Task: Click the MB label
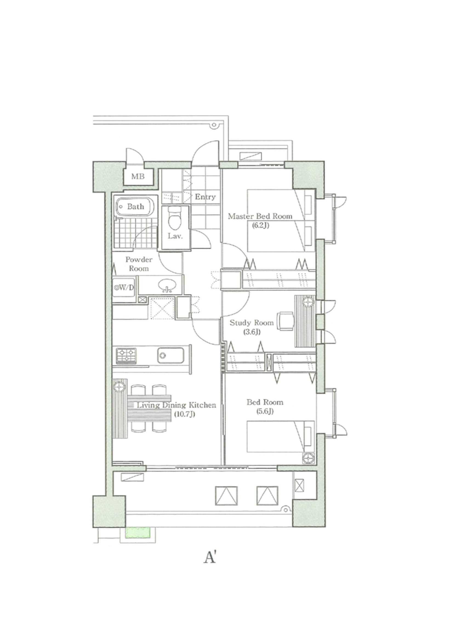[x=138, y=177]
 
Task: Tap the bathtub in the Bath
[x=135, y=207]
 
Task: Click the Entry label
[x=205, y=197]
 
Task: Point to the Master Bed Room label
[x=260, y=216]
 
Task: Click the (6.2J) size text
[x=260, y=225]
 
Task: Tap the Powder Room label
[x=139, y=264]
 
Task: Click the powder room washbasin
[x=167, y=286]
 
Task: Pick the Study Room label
[x=252, y=323]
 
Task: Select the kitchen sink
[x=170, y=355]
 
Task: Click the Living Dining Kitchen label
[x=176, y=405]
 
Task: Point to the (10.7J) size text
[x=184, y=414]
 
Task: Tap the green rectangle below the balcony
[x=138, y=533]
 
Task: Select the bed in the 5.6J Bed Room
[x=281, y=436]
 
